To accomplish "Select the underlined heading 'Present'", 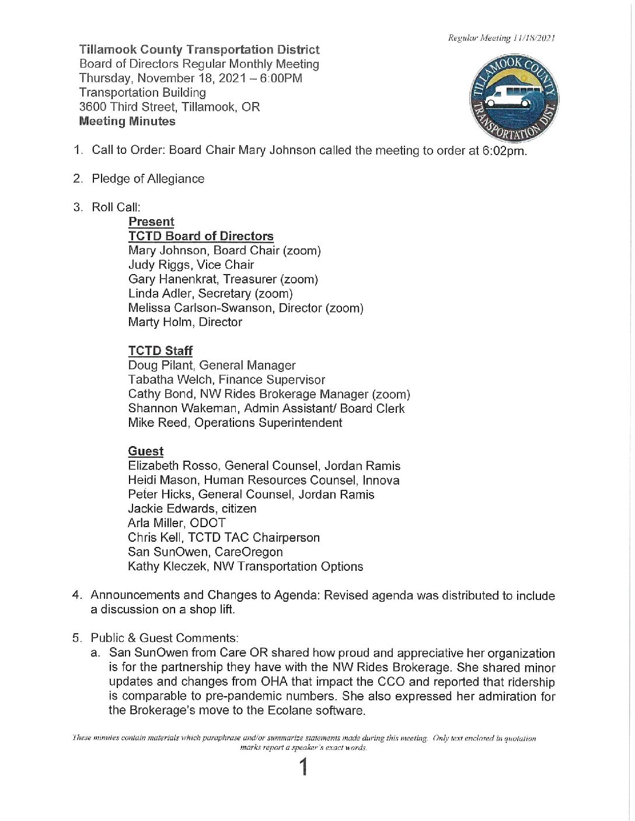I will pyautogui.click(x=151, y=222).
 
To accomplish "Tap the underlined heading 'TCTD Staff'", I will pyautogui.click(x=160, y=350).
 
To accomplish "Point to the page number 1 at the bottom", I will pyautogui.click(x=303, y=767).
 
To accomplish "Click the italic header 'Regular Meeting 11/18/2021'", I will pyautogui.click(x=501, y=38).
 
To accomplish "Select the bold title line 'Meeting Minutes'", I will pyautogui.click(x=127, y=121).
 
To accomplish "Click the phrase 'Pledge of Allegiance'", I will pyautogui.click(x=148, y=179).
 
